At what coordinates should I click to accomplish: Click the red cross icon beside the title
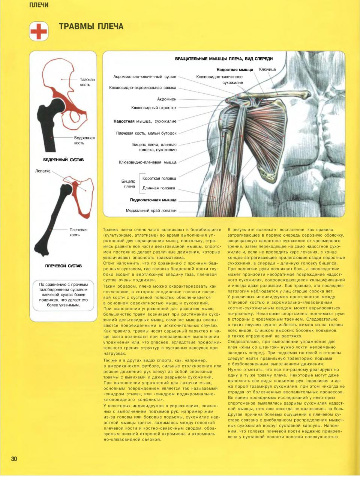tap(39, 31)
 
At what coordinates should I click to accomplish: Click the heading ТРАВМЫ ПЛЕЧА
tap(91, 27)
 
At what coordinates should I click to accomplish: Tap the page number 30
tap(14, 459)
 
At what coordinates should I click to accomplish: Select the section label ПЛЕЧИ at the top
tap(39, 5)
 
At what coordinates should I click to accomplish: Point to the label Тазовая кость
tap(87, 82)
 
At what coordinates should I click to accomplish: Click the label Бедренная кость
tap(84, 140)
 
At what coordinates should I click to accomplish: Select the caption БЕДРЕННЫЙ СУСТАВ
tap(63, 160)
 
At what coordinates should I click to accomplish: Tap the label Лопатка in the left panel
tap(43, 171)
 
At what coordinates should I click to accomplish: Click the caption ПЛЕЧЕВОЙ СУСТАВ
tap(63, 266)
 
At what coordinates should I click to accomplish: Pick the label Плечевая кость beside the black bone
tap(78, 232)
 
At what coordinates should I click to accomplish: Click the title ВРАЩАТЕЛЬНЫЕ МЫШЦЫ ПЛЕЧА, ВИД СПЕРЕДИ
tap(224, 59)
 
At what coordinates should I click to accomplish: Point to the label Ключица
tap(267, 69)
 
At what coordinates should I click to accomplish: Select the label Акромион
tap(166, 99)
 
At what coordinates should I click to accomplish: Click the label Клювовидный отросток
tap(154, 108)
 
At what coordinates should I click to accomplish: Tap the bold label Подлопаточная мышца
tap(153, 200)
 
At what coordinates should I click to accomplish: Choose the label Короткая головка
tap(159, 178)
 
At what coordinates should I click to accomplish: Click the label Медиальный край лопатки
tap(151, 210)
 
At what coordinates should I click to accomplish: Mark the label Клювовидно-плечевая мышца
tap(147, 162)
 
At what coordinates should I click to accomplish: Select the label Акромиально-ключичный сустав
tap(145, 76)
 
